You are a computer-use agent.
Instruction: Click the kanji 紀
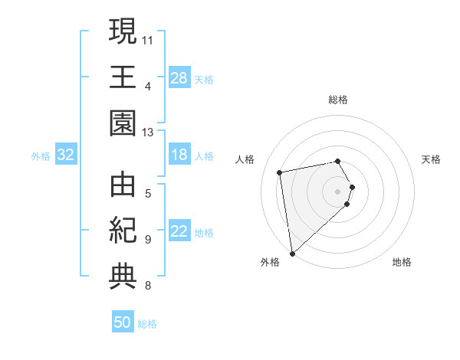point(123,230)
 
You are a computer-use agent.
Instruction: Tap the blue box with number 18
point(179,155)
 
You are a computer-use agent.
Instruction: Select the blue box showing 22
point(179,231)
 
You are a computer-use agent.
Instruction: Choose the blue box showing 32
point(66,155)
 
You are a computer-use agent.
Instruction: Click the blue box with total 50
point(123,322)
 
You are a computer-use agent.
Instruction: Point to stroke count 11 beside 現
point(148,38)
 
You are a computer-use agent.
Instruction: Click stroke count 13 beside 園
point(148,133)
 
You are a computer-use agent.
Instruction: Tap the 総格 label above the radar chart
point(338,100)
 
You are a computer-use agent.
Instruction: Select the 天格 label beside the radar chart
point(432,159)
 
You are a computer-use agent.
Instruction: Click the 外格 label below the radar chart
point(270,262)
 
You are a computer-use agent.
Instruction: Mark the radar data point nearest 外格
point(292,253)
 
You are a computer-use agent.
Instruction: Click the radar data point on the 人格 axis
point(280,172)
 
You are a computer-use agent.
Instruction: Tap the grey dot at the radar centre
point(338,191)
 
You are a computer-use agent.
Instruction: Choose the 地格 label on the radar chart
point(402,262)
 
